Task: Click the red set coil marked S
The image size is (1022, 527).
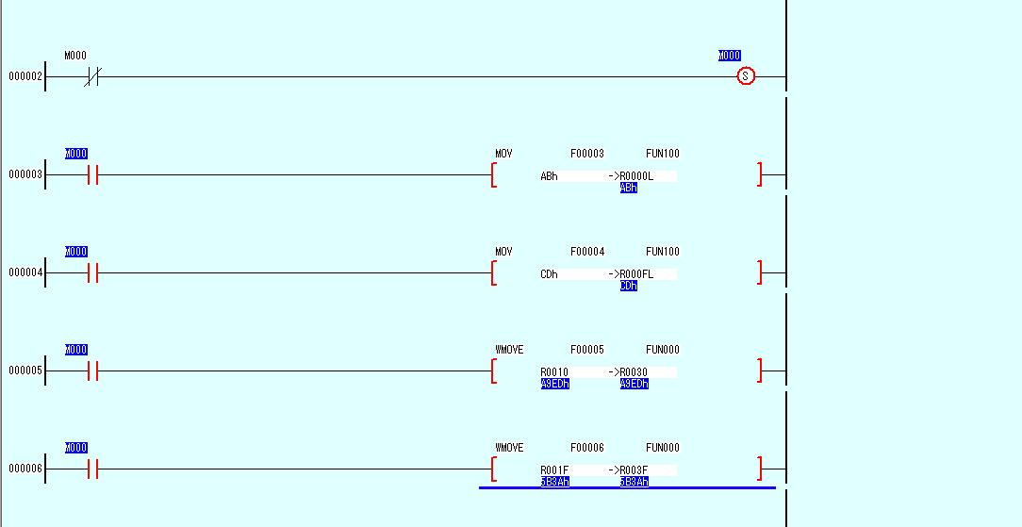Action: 746,76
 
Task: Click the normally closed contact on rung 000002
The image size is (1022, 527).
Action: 91,76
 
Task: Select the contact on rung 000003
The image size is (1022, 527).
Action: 92,174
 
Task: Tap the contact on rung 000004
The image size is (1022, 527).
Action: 92,272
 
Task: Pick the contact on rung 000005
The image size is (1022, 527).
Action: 92,371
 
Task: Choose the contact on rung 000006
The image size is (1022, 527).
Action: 92,469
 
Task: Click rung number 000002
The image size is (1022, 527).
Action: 25,76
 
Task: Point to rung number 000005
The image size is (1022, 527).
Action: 25,371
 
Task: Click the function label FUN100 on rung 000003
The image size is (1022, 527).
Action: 662,154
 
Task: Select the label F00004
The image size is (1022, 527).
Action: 587,252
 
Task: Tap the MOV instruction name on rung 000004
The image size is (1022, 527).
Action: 503,252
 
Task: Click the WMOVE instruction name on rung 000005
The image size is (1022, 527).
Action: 509,350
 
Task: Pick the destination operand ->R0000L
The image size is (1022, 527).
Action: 631,176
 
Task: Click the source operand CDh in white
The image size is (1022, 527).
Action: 549,274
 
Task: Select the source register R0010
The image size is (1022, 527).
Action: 553,372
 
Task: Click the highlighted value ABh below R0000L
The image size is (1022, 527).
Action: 629,188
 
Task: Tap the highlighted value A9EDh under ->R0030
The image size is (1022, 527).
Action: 634,384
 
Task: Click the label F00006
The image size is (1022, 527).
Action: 587,448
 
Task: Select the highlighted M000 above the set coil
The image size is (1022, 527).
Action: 730,56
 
